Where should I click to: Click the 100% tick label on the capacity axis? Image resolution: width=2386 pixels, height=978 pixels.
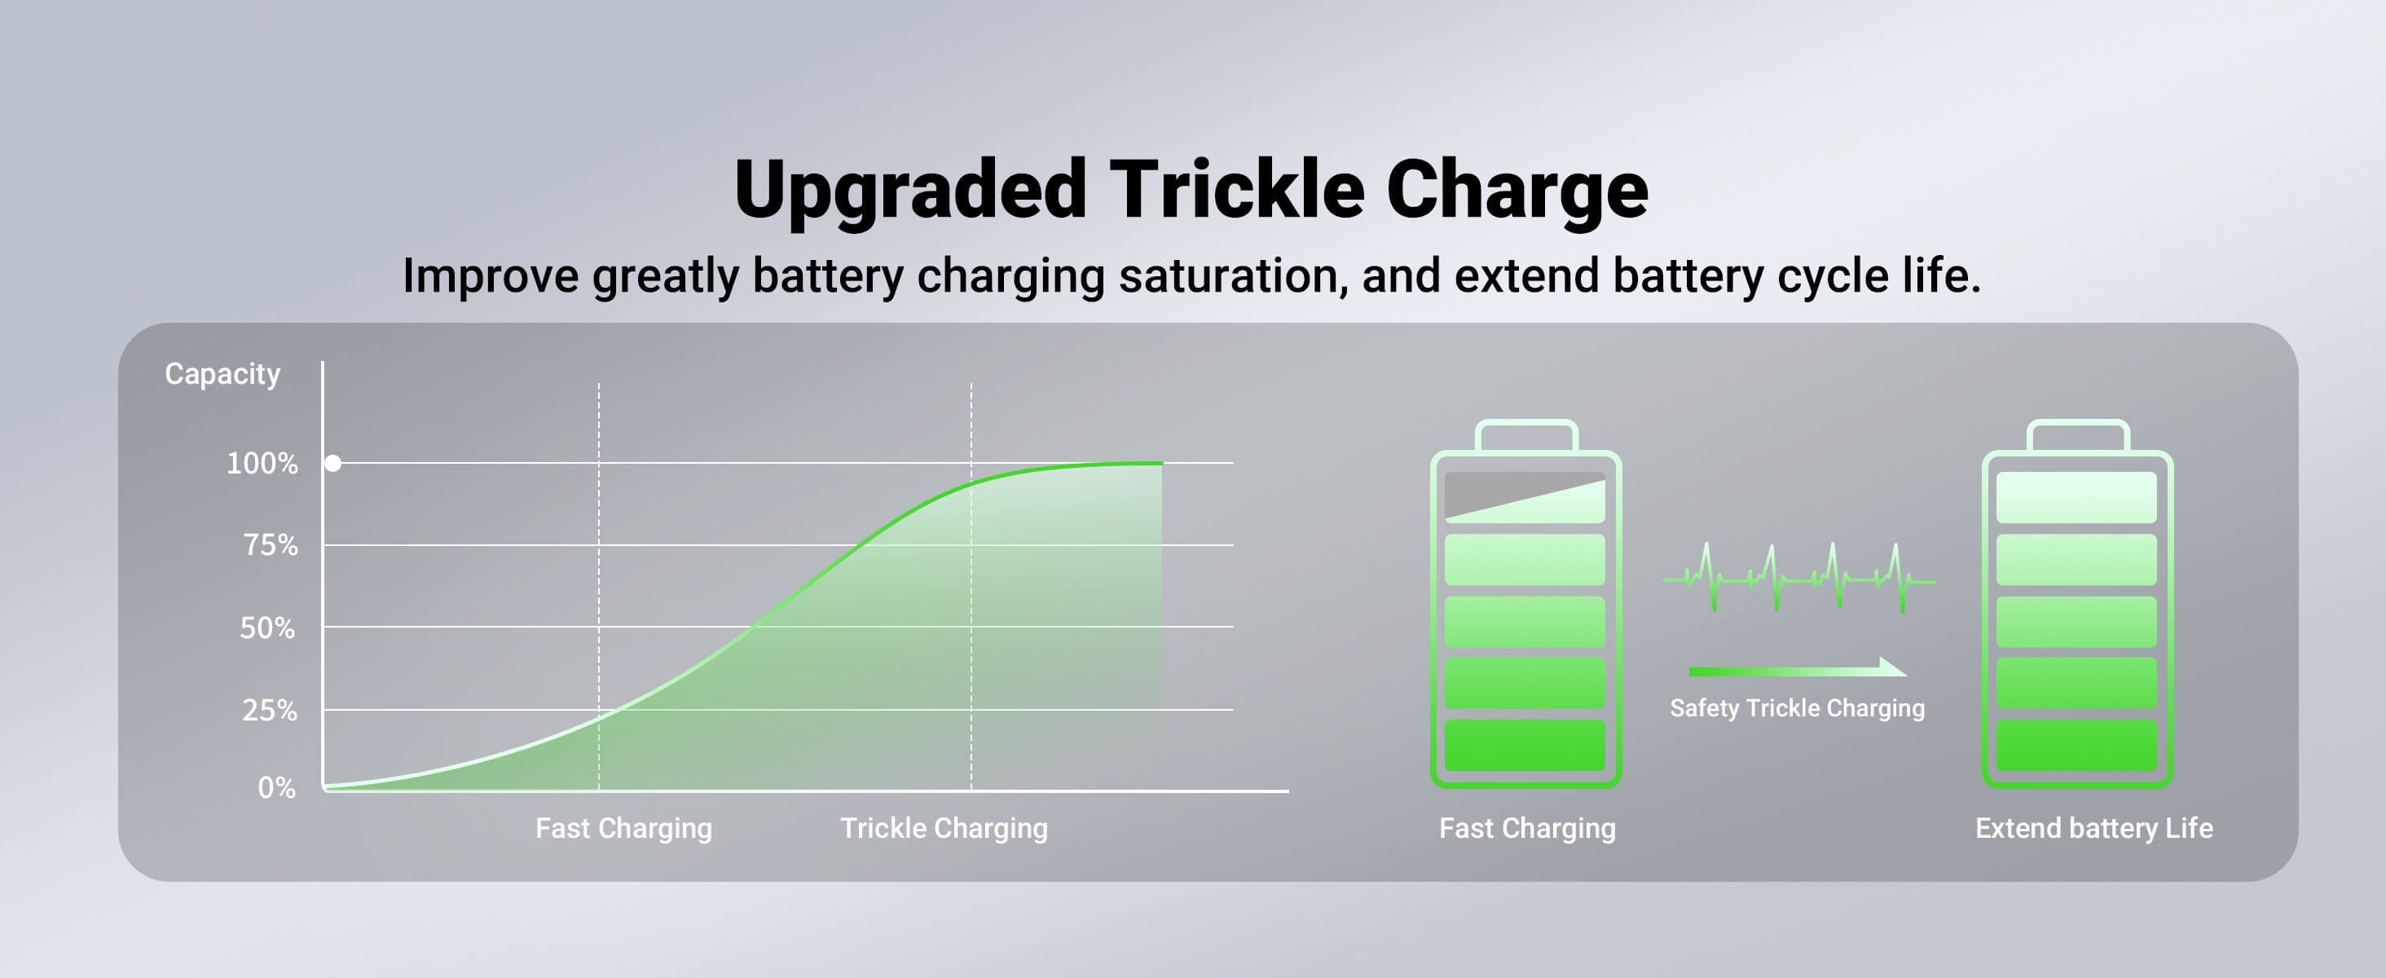click(262, 463)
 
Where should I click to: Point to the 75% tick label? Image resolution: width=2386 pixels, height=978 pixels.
click(271, 544)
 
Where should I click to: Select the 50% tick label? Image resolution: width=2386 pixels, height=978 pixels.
click(267, 628)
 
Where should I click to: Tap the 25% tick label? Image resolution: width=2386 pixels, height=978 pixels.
click(270, 711)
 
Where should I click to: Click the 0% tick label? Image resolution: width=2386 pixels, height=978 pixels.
click(276, 788)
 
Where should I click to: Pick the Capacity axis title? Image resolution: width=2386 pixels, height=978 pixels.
click(222, 373)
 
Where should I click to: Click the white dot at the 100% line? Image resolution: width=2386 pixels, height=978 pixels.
click(332, 463)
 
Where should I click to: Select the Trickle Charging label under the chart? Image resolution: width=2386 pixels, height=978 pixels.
click(943, 828)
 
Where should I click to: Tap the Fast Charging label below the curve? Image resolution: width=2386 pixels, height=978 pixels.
click(623, 828)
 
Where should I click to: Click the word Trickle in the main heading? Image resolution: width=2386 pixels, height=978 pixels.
click(1235, 190)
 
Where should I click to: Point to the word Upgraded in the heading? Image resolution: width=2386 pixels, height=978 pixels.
click(909, 190)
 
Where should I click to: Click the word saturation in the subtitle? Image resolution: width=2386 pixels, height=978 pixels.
click(1232, 276)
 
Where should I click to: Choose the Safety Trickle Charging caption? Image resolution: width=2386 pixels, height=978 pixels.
click(1797, 708)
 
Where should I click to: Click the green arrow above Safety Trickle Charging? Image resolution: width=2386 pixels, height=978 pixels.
click(1797, 670)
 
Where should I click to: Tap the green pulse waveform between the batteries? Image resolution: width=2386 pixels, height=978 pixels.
click(1798, 579)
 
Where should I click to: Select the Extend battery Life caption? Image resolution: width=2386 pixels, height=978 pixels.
click(2093, 828)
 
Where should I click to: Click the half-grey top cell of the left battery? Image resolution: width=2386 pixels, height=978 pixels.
click(1525, 497)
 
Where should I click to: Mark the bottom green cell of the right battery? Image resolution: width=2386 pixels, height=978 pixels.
click(2076, 746)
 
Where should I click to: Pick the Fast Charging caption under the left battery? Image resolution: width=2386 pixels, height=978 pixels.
click(1526, 828)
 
